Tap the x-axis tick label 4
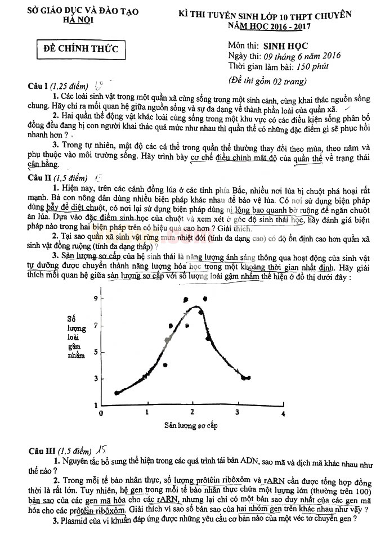coord(283,413)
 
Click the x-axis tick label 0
coord(101,413)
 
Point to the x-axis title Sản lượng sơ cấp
coord(191,425)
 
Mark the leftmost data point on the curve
coord(117,393)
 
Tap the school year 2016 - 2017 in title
coord(298,26)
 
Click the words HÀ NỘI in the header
coord(79,20)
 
